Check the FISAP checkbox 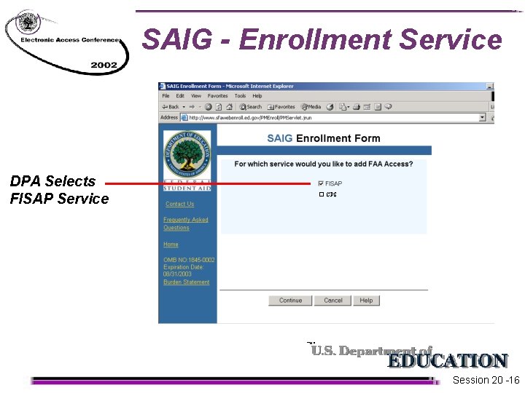[x=321, y=183]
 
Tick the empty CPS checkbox [x=321, y=195]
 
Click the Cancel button [x=333, y=301]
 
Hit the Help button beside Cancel [x=366, y=301]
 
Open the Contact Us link [x=179, y=205]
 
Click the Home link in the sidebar [x=171, y=245]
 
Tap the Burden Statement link [x=186, y=282]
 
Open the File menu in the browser [x=166, y=96]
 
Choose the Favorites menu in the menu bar [x=217, y=96]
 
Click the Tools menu [x=240, y=96]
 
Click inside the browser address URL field [x=328, y=117]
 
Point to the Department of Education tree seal [x=187, y=156]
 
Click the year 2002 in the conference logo [x=104, y=65]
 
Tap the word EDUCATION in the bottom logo [x=447, y=361]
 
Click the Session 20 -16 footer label [x=486, y=381]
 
